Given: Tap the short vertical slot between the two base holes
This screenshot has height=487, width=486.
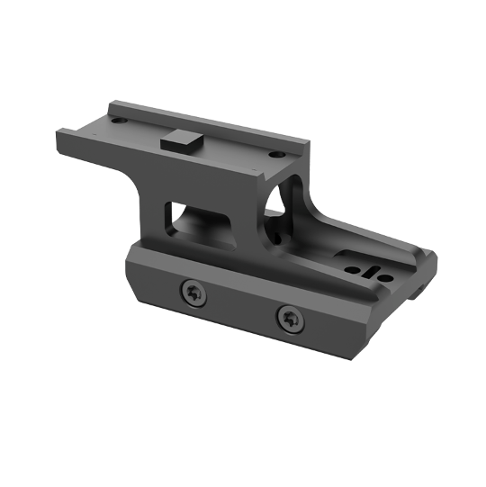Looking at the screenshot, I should [x=363, y=267].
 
